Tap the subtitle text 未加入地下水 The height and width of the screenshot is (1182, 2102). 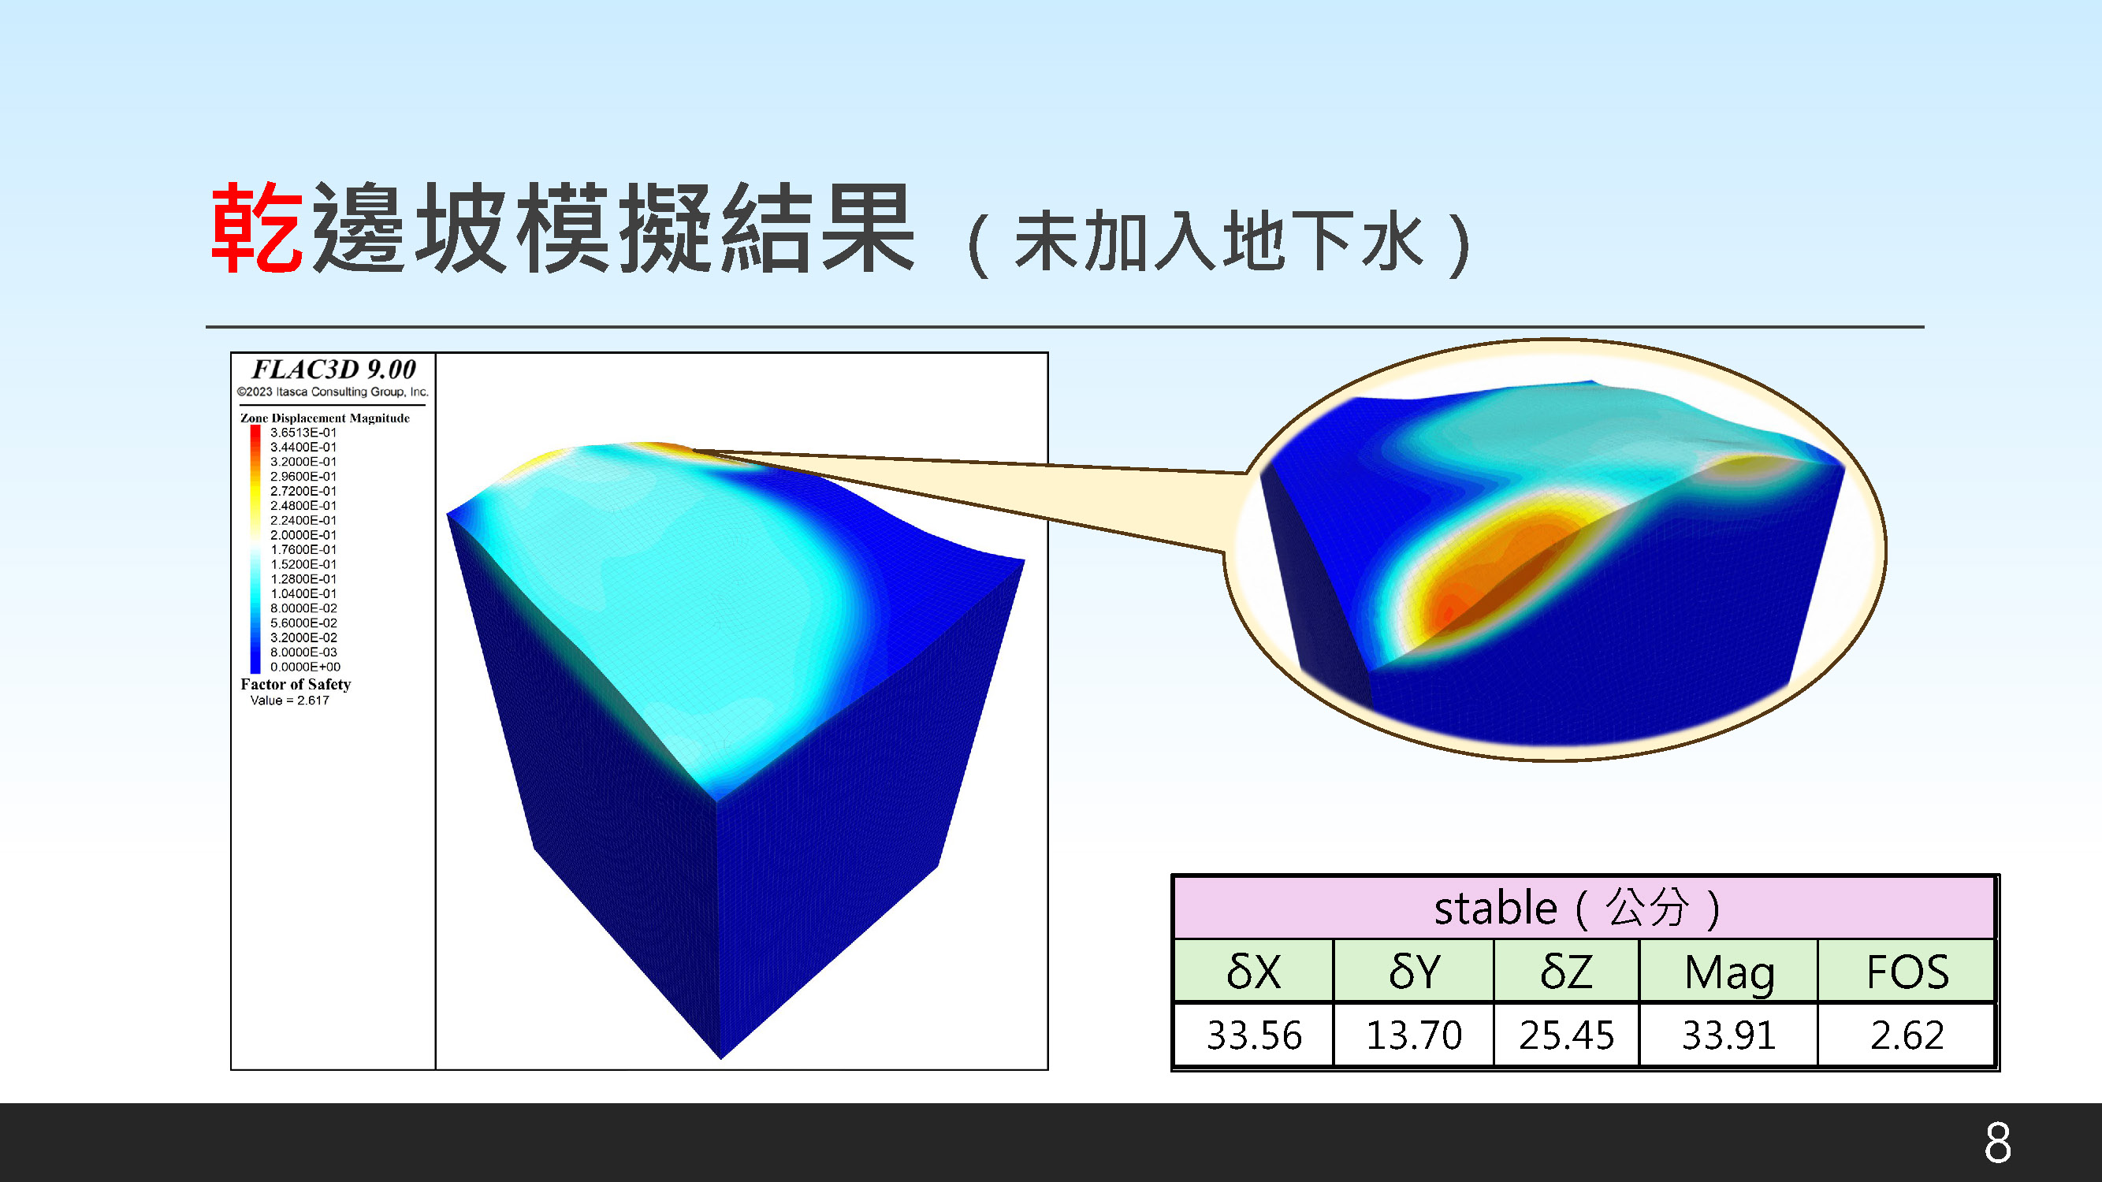[1219, 240]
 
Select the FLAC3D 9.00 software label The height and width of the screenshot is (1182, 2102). [333, 370]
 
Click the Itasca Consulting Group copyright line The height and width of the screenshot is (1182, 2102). [332, 392]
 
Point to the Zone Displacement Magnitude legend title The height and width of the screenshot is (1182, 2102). [325, 418]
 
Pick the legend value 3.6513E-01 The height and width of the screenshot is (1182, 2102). [303, 433]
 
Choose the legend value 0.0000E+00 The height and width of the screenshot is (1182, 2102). [305, 667]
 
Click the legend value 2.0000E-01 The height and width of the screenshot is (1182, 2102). [303, 535]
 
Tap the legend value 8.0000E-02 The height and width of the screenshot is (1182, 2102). [303, 608]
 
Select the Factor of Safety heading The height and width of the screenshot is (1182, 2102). [296, 685]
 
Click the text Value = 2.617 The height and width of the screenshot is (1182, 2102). [290, 700]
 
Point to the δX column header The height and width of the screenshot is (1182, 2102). [1253, 972]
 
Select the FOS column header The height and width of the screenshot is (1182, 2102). [1908, 972]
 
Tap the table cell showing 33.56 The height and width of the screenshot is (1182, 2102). [1254, 1035]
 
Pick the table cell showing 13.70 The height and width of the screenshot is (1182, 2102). [1414, 1035]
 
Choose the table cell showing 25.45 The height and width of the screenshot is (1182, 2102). [1567, 1035]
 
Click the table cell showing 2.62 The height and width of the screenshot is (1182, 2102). [1908, 1035]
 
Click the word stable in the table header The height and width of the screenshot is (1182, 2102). [1496, 909]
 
